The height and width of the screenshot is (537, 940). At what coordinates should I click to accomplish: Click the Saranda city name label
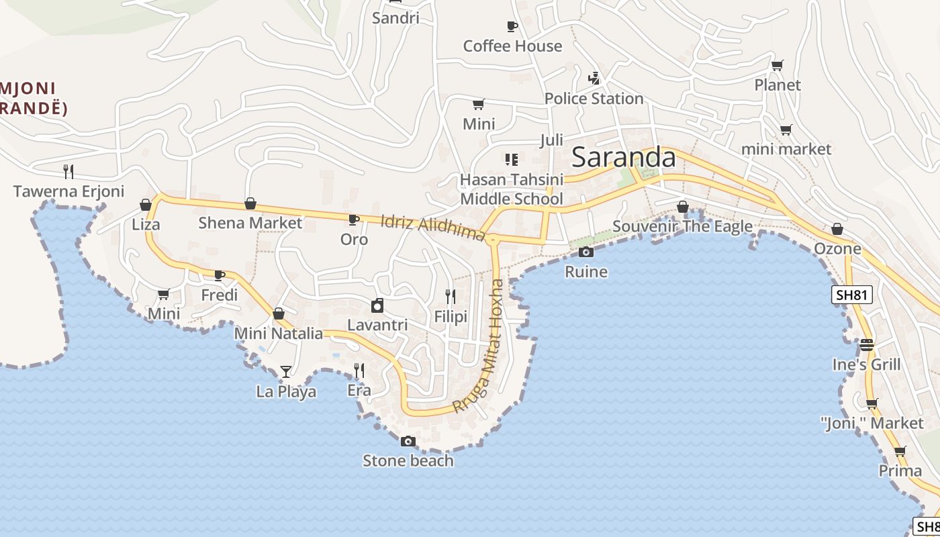tap(623, 157)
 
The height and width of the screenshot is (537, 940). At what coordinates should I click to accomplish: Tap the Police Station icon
tap(594, 79)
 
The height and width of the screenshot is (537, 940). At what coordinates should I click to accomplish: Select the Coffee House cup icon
tap(512, 27)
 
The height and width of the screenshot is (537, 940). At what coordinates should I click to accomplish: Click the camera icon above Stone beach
tap(408, 441)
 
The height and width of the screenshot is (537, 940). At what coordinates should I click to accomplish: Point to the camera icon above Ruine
tap(586, 252)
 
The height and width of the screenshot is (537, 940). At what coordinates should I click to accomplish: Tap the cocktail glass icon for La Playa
tap(286, 371)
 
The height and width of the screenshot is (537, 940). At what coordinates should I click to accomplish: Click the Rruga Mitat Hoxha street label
tap(479, 346)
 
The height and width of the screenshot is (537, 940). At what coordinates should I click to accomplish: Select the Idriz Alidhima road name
tap(432, 228)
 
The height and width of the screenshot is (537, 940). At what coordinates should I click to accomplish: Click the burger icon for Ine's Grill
tap(867, 345)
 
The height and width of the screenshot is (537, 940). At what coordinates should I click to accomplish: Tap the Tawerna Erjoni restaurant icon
tap(68, 171)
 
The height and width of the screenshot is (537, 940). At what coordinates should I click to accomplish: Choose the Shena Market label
tap(250, 222)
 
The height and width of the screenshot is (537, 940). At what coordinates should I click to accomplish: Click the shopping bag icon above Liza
tap(146, 205)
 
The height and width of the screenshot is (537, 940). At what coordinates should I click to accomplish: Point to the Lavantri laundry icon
tap(377, 305)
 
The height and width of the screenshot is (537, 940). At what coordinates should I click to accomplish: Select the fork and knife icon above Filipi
tap(451, 296)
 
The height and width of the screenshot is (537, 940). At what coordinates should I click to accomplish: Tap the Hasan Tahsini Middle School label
tap(511, 189)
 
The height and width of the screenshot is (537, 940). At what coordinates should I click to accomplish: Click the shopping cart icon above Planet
tap(778, 65)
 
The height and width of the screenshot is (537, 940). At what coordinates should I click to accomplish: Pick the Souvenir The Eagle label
tap(682, 226)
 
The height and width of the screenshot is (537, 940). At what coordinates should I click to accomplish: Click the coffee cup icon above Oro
tap(354, 219)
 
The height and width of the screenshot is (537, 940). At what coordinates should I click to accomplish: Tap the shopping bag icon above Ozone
tap(837, 229)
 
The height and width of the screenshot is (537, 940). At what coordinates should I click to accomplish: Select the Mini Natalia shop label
tap(278, 334)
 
